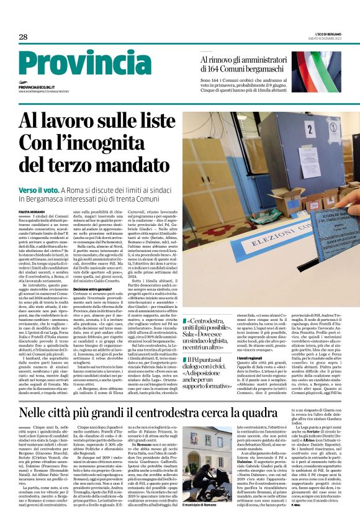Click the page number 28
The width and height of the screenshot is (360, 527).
(23, 37)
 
